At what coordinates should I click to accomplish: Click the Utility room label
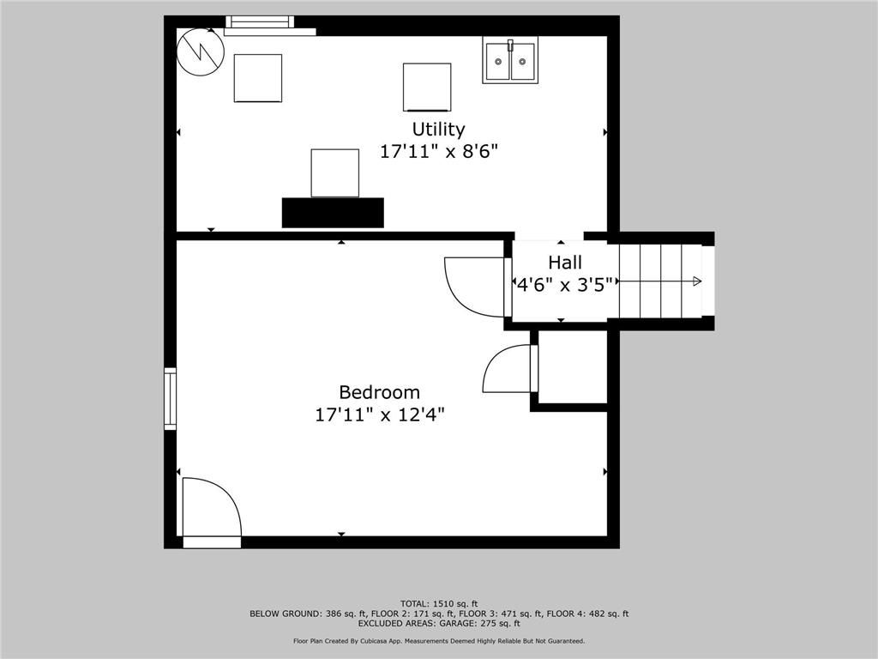click(438, 130)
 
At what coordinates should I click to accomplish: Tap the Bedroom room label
click(380, 391)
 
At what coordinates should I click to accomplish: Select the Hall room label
click(565, 263)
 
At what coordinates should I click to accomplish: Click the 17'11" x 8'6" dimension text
click(439, 151)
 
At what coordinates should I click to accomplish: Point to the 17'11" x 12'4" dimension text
click(380, 414)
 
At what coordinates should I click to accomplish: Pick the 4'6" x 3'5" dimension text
click(566, 285)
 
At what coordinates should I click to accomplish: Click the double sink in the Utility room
click(510, 60)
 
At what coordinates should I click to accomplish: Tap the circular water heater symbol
click(201, 52)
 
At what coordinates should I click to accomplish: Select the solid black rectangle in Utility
click(333, 213)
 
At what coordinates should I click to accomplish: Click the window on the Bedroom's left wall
click(170, 398)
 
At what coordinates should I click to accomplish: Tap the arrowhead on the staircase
click(697, 281)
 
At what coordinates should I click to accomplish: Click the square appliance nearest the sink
click(427, 88)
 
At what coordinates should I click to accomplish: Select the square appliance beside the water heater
click(257, 78)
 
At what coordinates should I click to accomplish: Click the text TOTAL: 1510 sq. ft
click(439, 603)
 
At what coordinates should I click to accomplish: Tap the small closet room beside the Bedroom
click(572, 366)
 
